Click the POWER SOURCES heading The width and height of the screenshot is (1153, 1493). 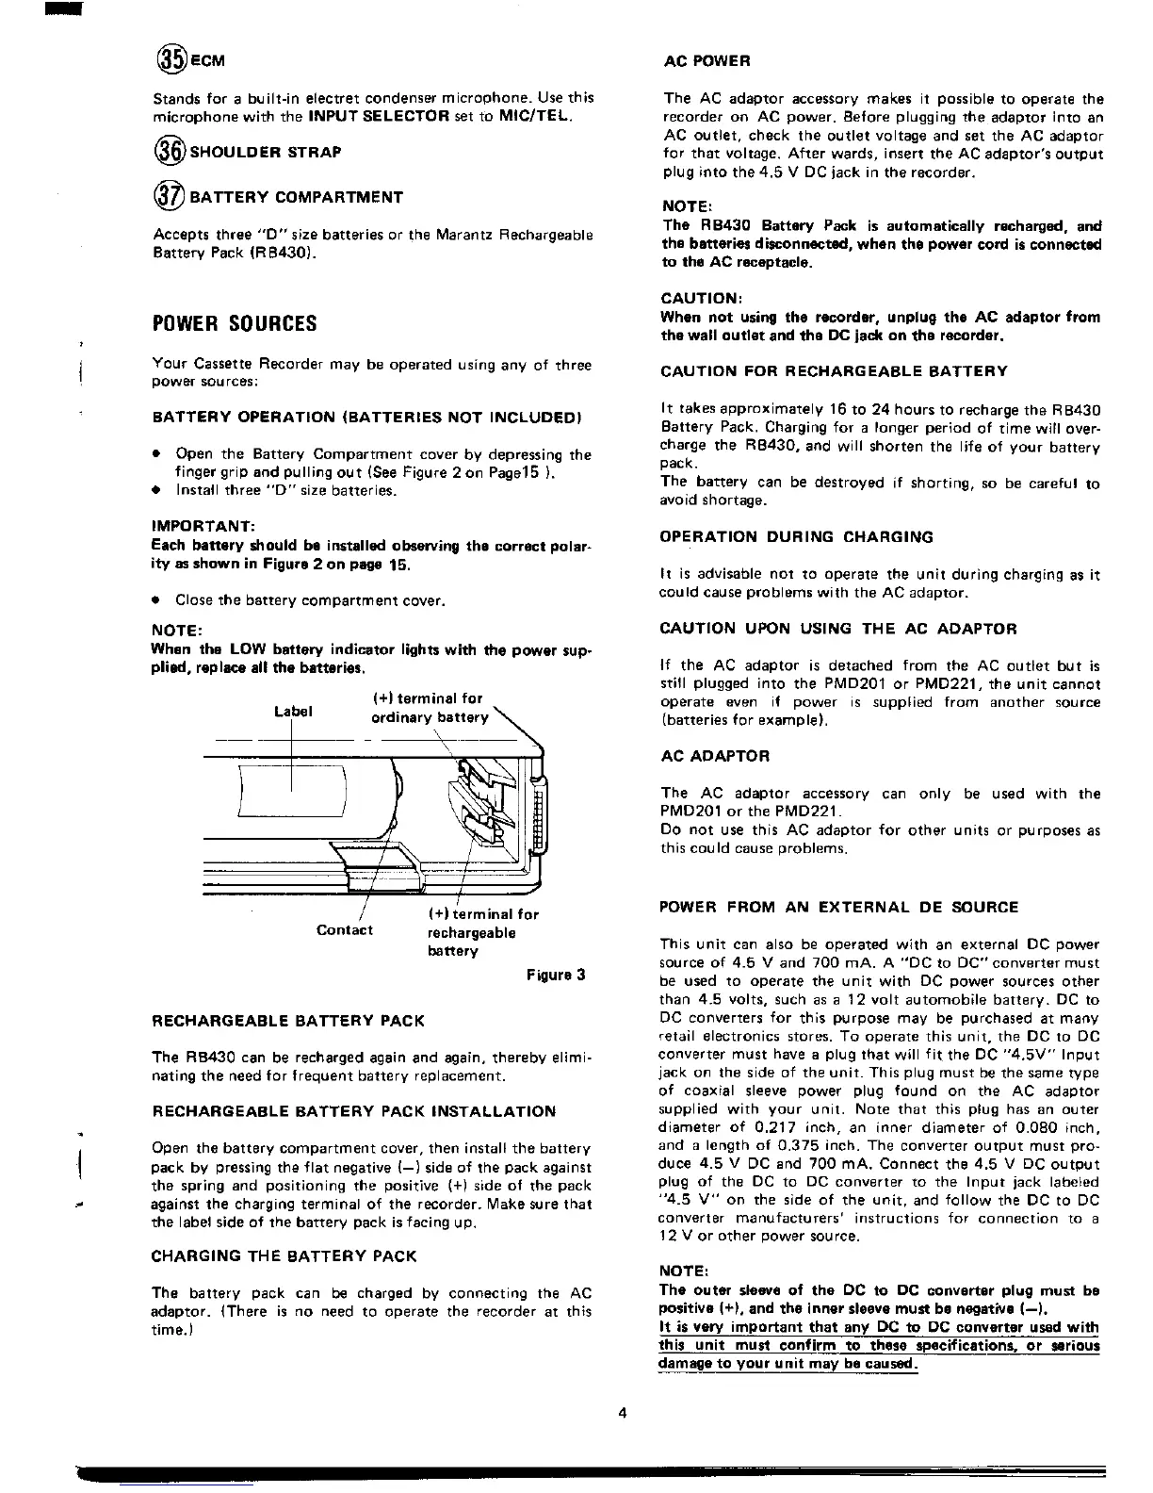click(235, 323)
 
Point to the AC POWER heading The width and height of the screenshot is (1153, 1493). click(706, 61)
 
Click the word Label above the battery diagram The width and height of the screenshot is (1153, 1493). click(292, 712)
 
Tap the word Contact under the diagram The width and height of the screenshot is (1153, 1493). click(345, 930)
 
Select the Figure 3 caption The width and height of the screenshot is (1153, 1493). click(556, 975)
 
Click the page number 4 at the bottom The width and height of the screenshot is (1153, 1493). click(623, 1412)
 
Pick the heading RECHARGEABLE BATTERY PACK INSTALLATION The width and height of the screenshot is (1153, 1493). click(353, 1111)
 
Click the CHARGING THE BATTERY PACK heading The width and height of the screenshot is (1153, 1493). click(284, 1256)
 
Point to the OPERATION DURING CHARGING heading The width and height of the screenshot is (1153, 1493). click(797, 537)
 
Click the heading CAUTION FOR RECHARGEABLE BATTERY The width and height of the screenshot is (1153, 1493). click(834, 371)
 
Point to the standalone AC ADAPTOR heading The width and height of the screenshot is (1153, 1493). click(715, 756)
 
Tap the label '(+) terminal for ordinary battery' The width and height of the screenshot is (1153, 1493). click(428, 708)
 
